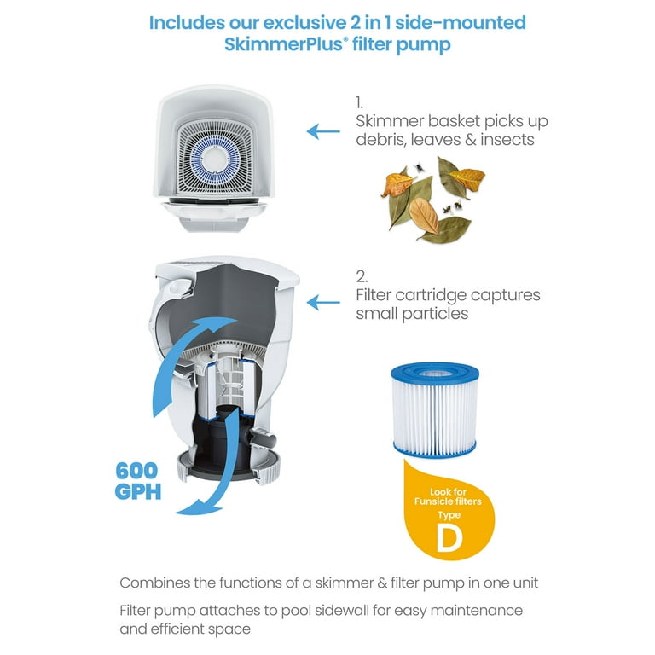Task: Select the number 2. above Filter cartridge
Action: [x=362, y=275]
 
